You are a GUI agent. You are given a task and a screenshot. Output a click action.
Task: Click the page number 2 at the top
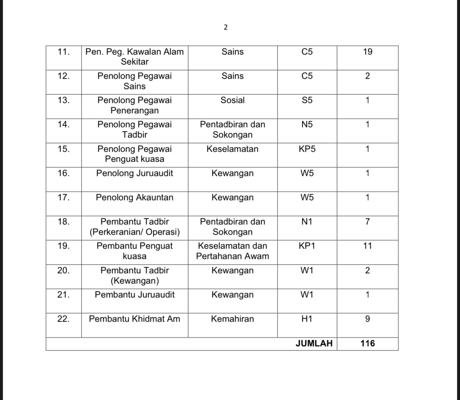tap(225, 27)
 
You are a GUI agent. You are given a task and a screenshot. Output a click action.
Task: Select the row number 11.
tap(63, 52)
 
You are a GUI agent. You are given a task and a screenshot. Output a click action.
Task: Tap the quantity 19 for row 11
tap(368, 52)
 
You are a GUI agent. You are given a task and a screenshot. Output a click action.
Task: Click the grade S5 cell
tap(307, 100)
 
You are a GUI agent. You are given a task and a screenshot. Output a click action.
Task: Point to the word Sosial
tap(232, 100)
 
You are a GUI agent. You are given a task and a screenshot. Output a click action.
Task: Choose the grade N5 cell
tap(307, 124)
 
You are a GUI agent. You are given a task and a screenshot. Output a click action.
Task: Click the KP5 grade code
tap(307, 149)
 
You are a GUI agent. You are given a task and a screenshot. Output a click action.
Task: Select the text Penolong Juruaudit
tap(134, 173)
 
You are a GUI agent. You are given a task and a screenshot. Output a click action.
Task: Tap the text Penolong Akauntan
tap(134, 197)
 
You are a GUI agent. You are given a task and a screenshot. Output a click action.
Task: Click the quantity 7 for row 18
tap(368, 222)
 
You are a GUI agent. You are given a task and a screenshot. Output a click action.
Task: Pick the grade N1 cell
tap(307, 222)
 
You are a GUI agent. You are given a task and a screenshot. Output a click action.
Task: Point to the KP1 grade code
tap(307, 246)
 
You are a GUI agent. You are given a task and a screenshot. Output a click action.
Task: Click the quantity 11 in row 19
tap(368, 246)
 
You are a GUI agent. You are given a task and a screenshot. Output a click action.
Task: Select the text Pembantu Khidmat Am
tap(134, 319)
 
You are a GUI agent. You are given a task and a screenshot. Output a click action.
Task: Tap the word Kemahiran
tap(232, 319)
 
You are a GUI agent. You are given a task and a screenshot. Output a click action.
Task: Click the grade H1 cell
tap(307, 319)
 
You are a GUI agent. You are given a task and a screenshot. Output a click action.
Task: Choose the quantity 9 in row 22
tap(368, 319)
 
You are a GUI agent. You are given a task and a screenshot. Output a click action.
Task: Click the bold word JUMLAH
tap(314, 343)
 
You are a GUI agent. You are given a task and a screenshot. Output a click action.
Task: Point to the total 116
tap(368, 343)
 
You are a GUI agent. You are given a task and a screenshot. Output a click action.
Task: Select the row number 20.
tap(63, 270)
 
